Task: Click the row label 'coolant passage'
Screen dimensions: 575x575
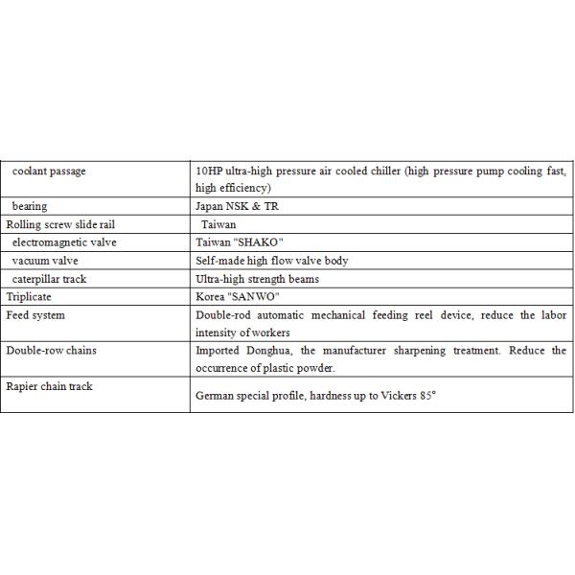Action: (49, 172)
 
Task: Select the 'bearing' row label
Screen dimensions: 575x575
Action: (30, 206)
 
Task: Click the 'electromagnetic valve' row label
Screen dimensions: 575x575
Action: (64, 242)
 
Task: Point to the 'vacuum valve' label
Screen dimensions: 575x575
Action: (45, 261)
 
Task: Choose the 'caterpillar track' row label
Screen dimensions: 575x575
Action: (49, 279)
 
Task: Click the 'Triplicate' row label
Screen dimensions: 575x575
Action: (29, 297)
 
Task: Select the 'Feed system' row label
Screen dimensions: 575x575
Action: (35, 315)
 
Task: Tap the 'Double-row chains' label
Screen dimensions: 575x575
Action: (51, 351)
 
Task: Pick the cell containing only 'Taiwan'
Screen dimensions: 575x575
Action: (218, 224)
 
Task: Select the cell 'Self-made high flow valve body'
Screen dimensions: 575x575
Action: (271, 261)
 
